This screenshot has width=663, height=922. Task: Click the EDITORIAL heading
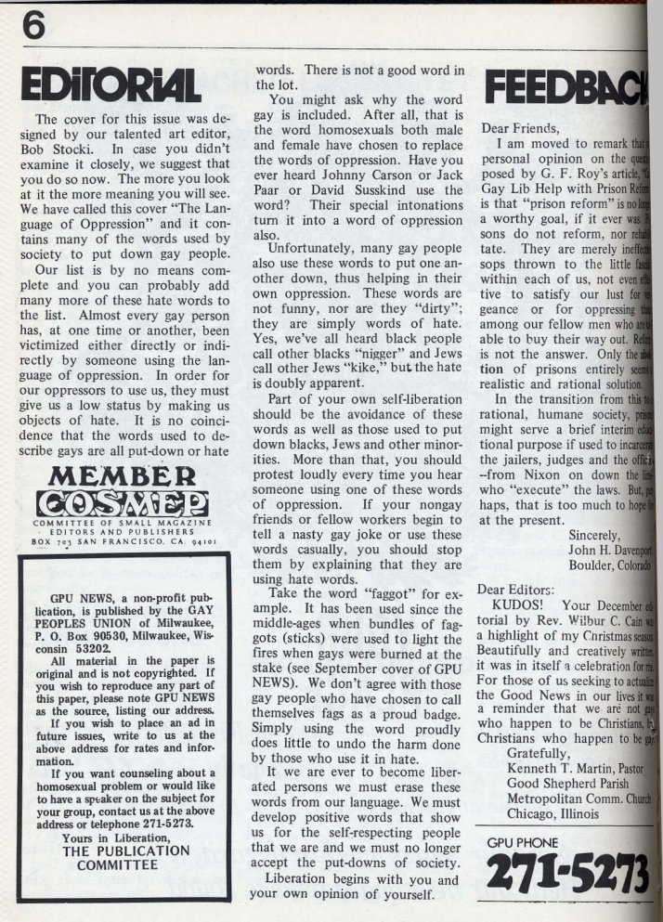[113, 84]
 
